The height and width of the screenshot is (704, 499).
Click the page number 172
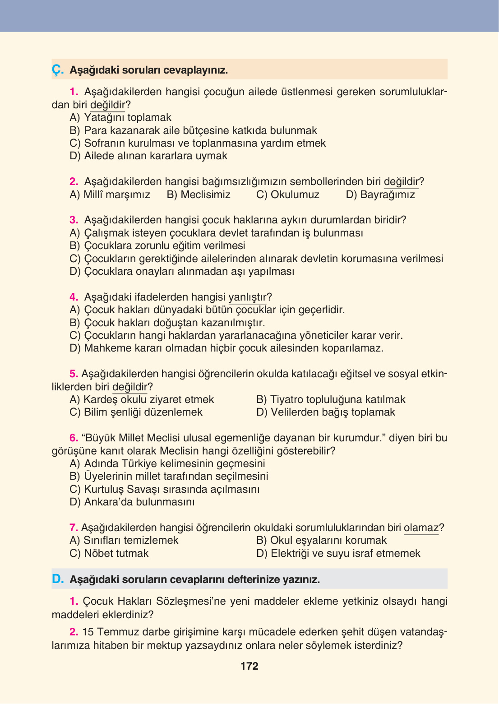click(249, 666)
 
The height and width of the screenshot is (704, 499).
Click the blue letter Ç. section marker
click(57, 70)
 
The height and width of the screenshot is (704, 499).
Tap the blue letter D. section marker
click(58, 579)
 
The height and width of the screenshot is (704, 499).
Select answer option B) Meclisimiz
click(199, 195)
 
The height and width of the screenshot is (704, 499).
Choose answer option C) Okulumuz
click(287, 195)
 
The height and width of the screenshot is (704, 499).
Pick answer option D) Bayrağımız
click(380, 195)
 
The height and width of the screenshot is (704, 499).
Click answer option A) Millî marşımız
click(110, 195)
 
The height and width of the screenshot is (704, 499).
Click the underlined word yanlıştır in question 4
click(248, 297)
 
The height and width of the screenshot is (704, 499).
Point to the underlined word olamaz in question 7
click(421, 528)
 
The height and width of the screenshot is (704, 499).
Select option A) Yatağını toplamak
click(120, 117)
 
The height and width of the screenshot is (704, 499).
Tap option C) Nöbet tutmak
click(109, 553)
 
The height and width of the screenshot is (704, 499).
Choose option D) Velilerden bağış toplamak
click(325, 412)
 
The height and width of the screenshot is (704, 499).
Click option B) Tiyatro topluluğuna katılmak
click(331, 399)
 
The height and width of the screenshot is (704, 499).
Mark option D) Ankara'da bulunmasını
click(132, 502)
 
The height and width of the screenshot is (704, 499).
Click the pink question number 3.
click(74, 220)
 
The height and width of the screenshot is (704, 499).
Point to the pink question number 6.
click(74, 438)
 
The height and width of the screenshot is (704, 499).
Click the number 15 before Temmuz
click(88, 632)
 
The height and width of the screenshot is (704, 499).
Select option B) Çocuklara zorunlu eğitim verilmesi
click(157, 245)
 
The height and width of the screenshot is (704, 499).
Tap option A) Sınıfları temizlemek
click(124, 540)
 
